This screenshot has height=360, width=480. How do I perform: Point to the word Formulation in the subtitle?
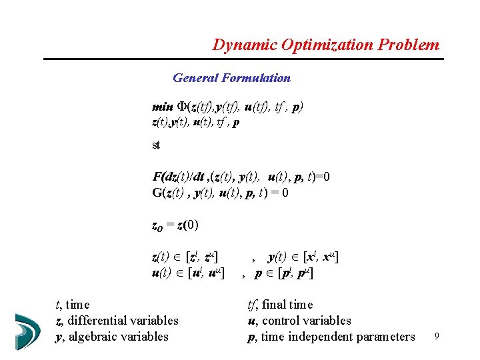click(x=256, y=78)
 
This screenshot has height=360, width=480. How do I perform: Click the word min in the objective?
click(x=162, y=107)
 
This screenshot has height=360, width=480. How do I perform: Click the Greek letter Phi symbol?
click(x=181, y=107)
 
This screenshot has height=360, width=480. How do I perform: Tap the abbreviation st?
click(x=156, y=145)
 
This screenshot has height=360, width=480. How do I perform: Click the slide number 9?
click(x=436, y=337)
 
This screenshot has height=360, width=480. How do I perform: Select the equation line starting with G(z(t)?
click(x=220, y=193)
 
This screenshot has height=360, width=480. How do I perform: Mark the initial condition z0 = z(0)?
click(x=175, y=225)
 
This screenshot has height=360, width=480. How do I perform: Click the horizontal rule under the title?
click(x=243, y=59)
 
